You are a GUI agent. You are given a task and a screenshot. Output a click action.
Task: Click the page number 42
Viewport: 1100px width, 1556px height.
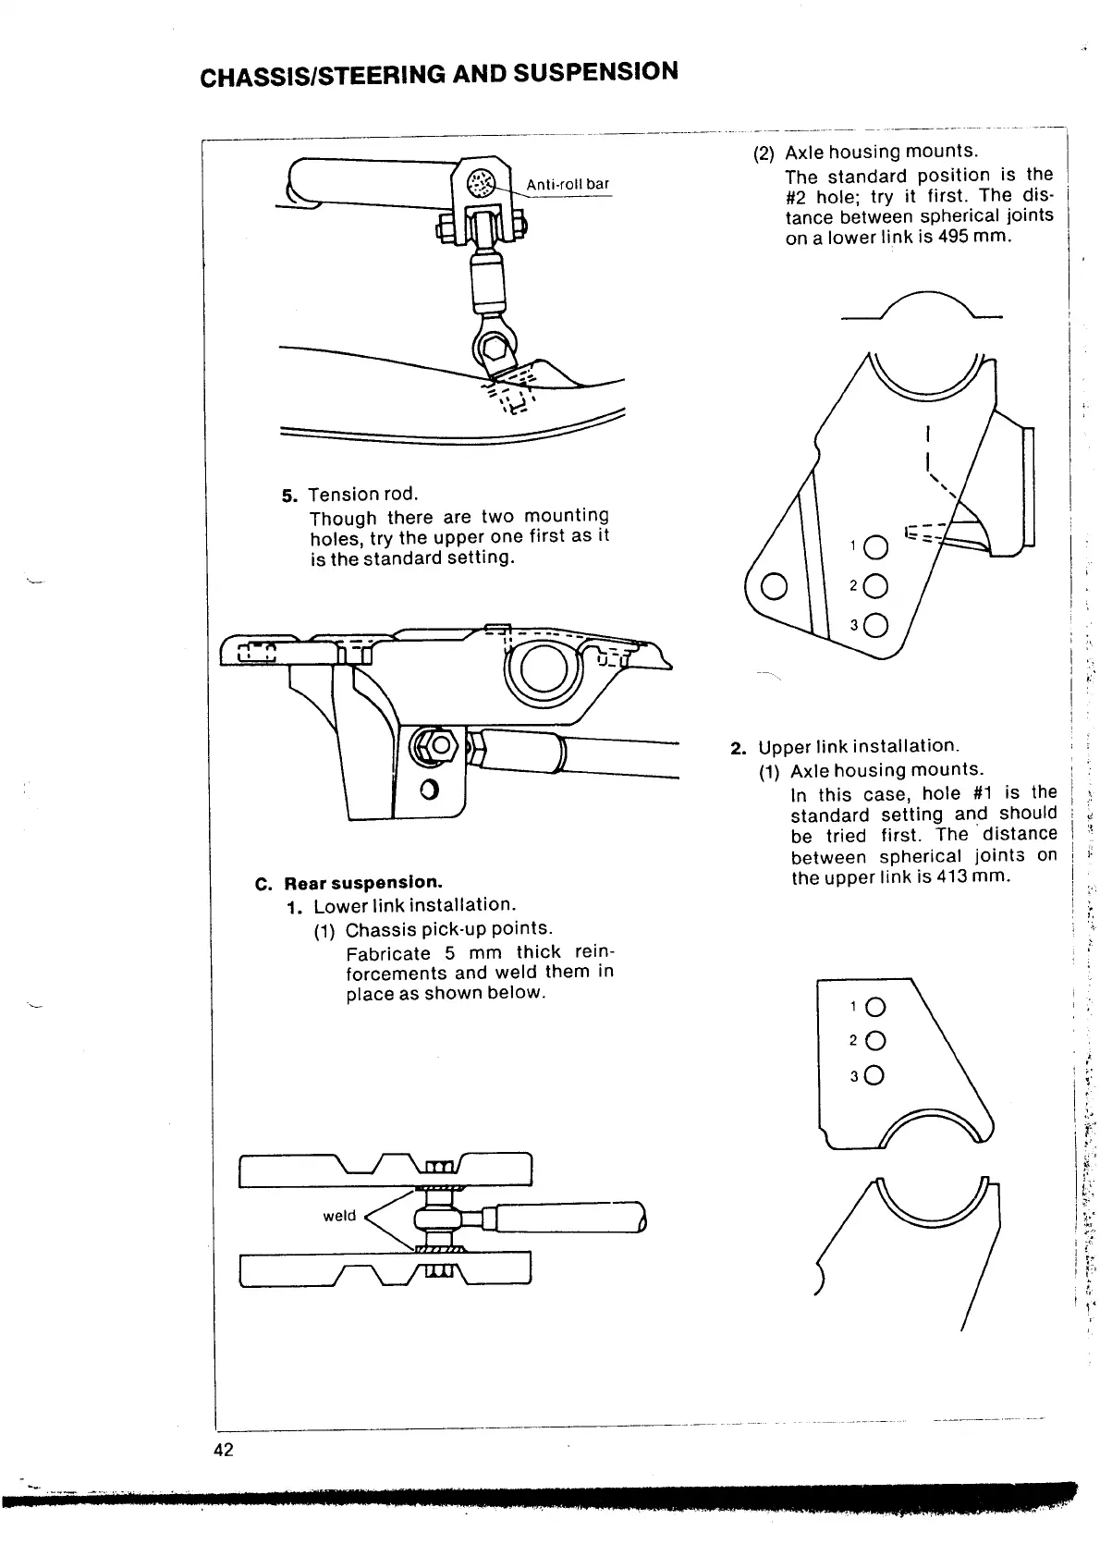[223, 1449]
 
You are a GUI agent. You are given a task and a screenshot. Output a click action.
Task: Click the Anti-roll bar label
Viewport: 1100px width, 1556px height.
[568, 184]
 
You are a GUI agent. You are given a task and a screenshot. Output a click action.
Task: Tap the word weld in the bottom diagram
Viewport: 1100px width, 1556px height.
[339, 1215]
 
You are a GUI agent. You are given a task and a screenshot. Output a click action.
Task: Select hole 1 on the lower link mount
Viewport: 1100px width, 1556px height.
[875, 548]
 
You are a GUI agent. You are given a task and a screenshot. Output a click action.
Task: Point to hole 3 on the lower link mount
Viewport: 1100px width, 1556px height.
[875, 625]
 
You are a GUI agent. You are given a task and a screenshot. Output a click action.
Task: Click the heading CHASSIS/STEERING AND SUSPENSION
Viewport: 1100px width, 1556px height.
[440, 73]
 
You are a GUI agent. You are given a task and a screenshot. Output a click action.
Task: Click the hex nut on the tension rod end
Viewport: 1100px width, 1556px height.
[441, 745]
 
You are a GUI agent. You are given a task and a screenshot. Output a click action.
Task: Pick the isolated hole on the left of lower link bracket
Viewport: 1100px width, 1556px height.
[775, 586]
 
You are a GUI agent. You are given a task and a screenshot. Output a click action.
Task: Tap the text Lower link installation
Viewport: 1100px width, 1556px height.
[414, 905]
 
